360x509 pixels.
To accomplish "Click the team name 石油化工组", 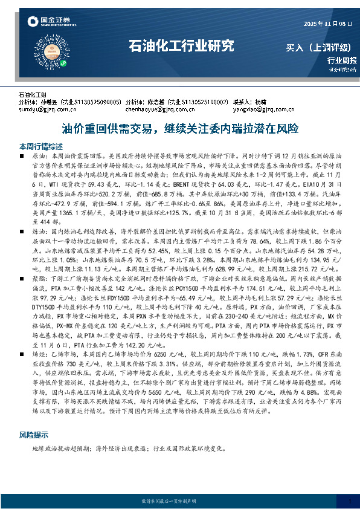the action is pyautogui.click(x=33, y=96).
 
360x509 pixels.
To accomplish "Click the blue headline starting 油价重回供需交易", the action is pyautogui.click(x=180, y=128).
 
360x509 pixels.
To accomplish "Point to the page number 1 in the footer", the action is pyautogui.click(x=349, y=501).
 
